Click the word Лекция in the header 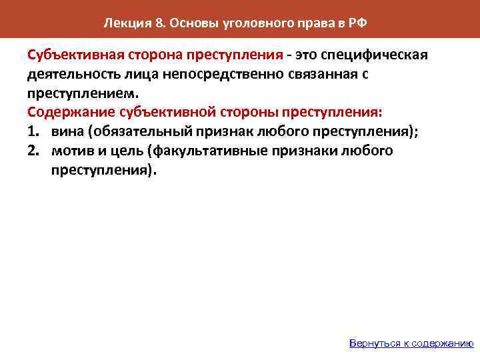point(123,24)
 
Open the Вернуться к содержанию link point(411,343)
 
